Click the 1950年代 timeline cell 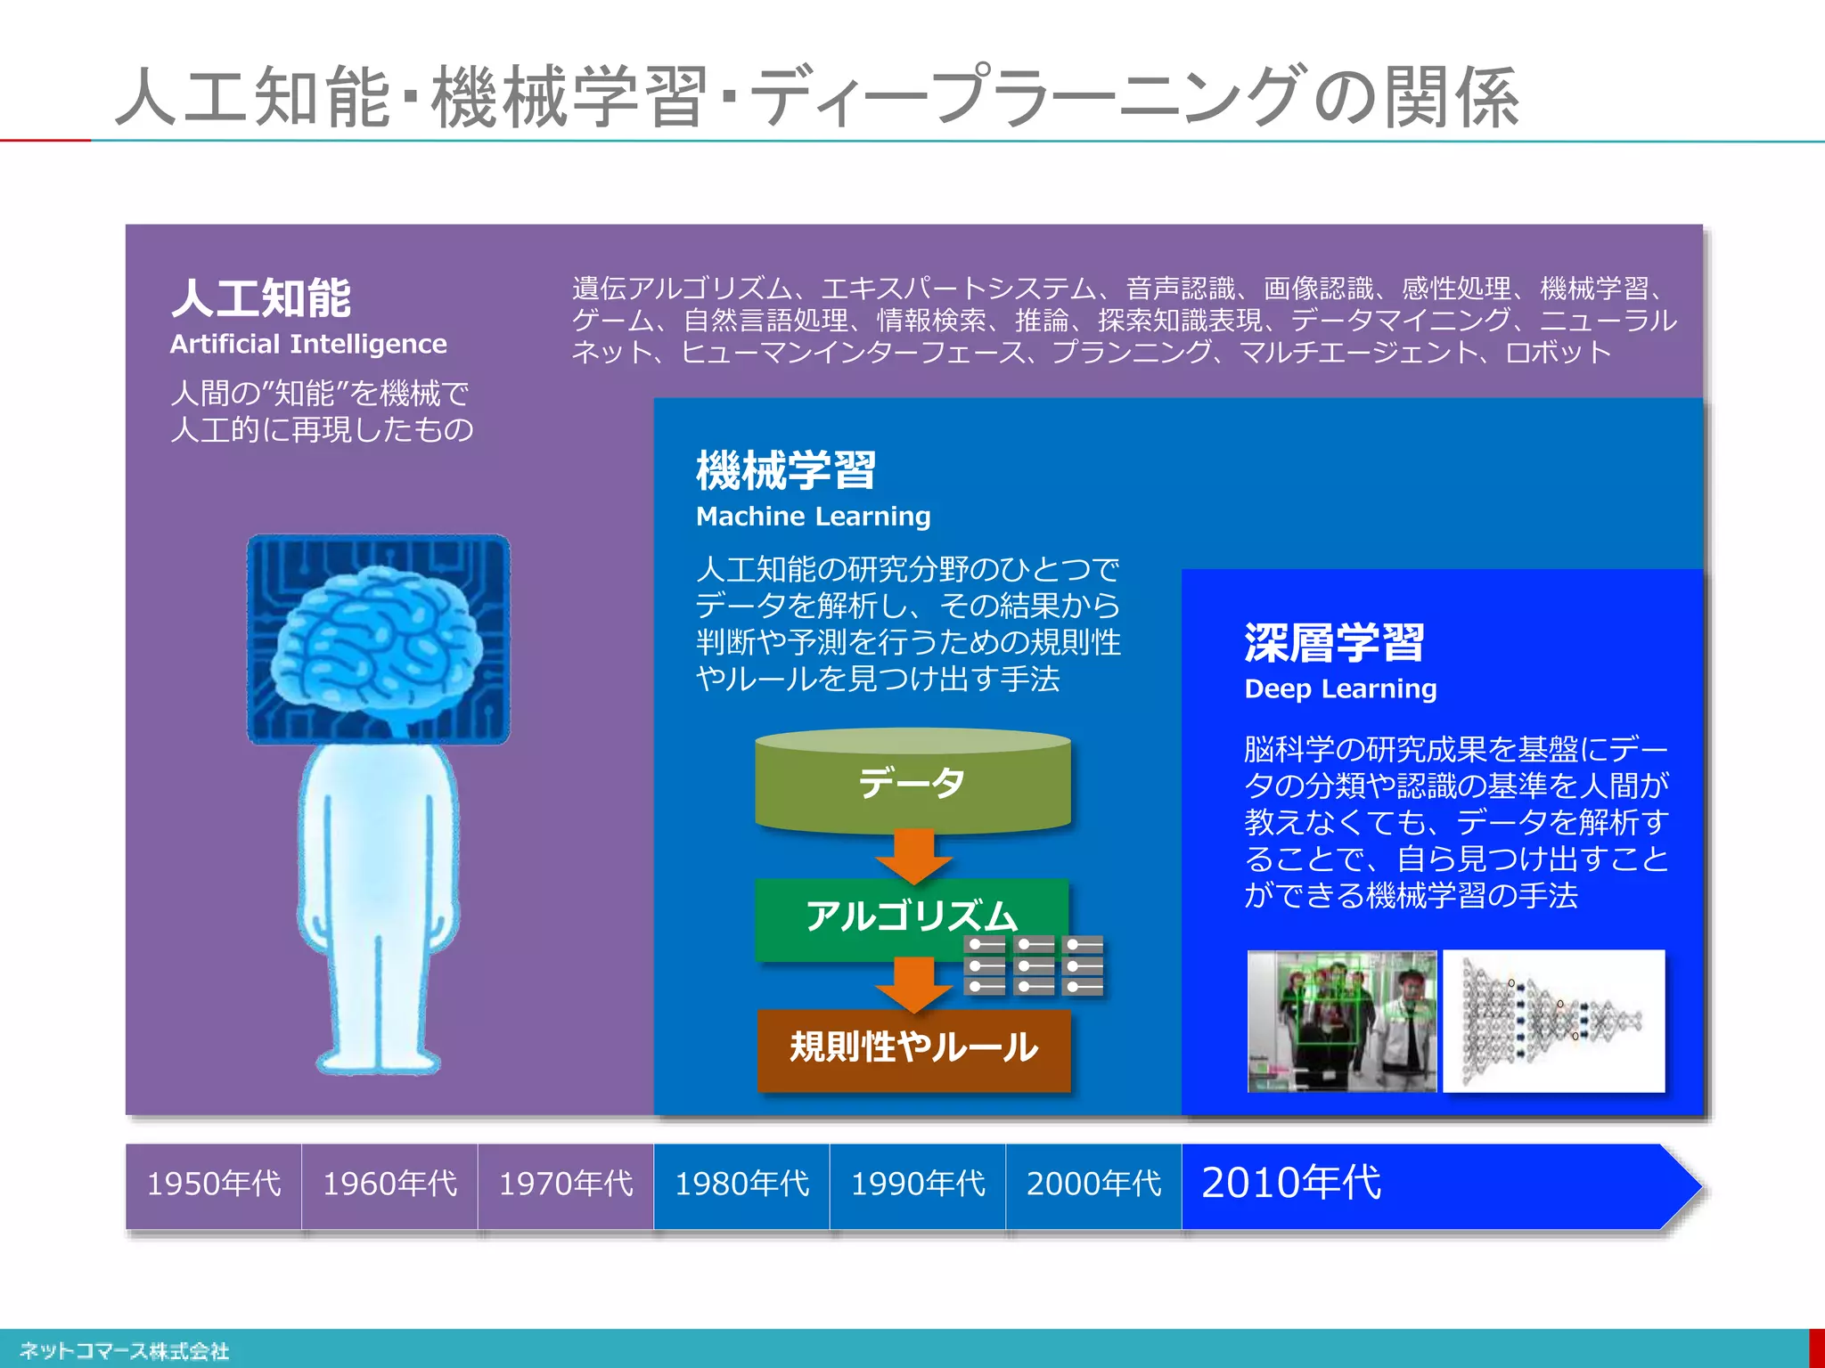pyautogui.click(x=213, y=1184)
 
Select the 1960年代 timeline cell pyautogui.click(x=389, y=1184)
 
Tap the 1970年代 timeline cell pyautogui.click(x=566, y=1184)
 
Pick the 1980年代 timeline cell pyautogui.click(x=741, y=1184)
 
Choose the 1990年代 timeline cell pyautogui.click(x=918, y=1184)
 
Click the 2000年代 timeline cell pyautogui.click(x=1093, y=1184)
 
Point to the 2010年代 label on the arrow pyautogui.click(x=1291, y=1182)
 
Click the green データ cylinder pyautogui.click(x=912, y=782)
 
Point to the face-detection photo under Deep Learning pyautogui.click(x=1342, y=1021)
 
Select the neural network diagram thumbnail pyautogui.click(x=1553, y=1021)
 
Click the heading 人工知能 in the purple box pyautogui.click(x=261, y=297)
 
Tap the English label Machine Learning pyautogui.click(x=813, y=516)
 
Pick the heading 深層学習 pyautogui.click(x=1334, y=643)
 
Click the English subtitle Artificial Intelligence pyautogui.click(x=308, y=344)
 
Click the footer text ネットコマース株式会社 pyautogui.click(x=124, y=1351)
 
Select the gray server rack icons pyautogui.click(x=1034, y=965)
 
